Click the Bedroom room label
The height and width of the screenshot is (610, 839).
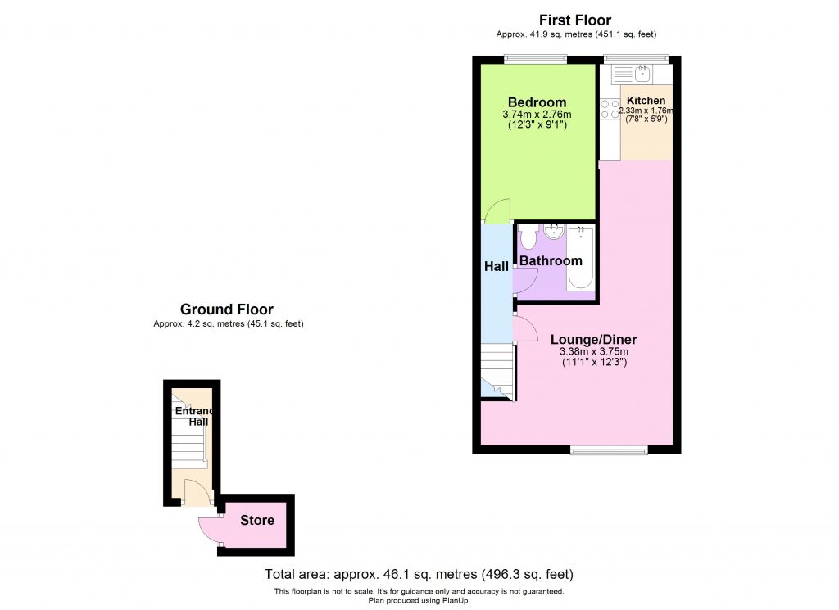coord(537,102)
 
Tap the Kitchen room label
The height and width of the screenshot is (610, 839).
coord(646,101)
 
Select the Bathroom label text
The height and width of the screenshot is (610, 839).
coord(551,261)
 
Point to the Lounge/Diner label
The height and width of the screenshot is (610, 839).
coord(593,340)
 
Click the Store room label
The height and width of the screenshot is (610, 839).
coord(257,520)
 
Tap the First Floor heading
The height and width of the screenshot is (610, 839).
coord(574,20)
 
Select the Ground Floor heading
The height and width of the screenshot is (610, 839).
coord(227,310)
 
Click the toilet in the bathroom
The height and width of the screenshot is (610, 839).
coord(528,237)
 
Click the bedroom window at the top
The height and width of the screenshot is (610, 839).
coord(535,58)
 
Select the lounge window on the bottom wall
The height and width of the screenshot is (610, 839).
coord(609,449)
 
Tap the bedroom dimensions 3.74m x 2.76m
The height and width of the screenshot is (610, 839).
coord(537,115)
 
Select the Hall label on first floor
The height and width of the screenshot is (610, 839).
coord(497,266)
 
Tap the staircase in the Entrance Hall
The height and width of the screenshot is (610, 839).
coord(189,442)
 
